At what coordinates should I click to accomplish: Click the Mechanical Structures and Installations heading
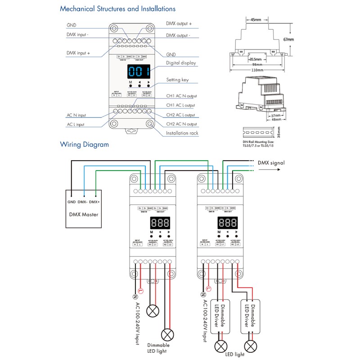tap(117, 9)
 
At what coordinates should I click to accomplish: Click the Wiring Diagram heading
tap(84, 144)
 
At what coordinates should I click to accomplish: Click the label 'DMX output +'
tap(179, 23)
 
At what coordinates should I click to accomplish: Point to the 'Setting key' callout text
tap(178, 80)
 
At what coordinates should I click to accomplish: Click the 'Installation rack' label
tap(182, 133)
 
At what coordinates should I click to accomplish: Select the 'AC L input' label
tap(75, 124)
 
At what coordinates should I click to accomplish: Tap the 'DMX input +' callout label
tap(78, 53)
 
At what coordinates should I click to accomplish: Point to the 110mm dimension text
tap(257, 70)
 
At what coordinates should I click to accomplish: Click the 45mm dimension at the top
tap(256, 20)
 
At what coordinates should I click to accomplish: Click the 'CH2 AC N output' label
tap(181, 124)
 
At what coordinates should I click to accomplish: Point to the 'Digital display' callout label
tap(181, 63)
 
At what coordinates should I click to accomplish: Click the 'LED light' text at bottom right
tap(236, 354)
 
